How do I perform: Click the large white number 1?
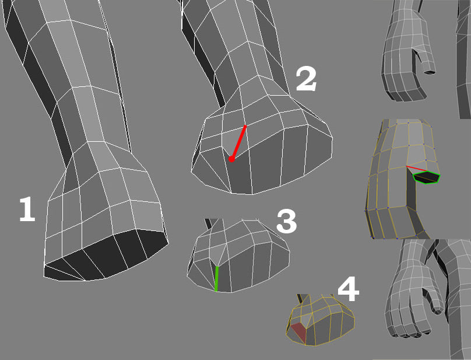tap(27, 209)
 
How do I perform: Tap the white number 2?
tap(306, 79)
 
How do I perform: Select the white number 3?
tap(287, 221)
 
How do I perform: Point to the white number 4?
tap(349, 289)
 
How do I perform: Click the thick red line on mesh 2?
tap(238, 142)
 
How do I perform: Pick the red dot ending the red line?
tap(231, 159)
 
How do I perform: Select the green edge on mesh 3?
tap(216, 279)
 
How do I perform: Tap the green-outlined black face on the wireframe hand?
tap(427, 177)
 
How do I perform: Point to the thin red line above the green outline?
tap(416, 169)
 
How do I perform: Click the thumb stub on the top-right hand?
tap(427, 64)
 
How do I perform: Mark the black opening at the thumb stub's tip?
tap(430, 72)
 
